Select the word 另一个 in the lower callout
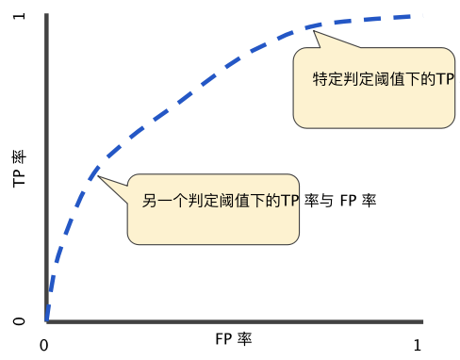pyautogui.click(x=164, y=201)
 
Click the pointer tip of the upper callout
pyautogui.click(x=314, y=32)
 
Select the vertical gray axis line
pyautogui.click(x=46, y=170)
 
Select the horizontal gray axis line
pyautogui.click(x=236, y=321)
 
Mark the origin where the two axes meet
pyautogui.click(x=46, y=321)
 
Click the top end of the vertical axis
pyautogui.click(x=46, y=15)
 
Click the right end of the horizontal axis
pyautogui.click(x=422, y=321)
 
